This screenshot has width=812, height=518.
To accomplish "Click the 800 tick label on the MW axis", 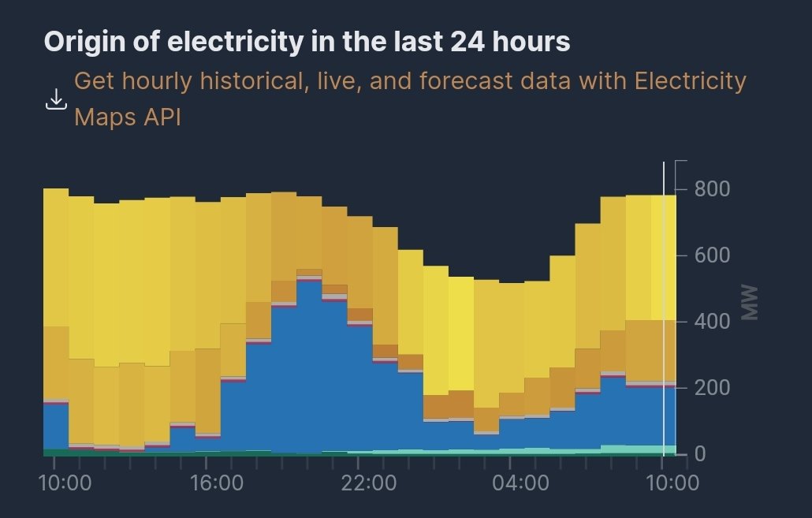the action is tap(712, 188).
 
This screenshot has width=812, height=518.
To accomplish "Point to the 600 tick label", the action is tap(712, 255).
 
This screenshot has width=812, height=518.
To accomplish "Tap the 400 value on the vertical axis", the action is tap(712, 321).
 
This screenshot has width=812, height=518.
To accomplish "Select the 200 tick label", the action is tap(712, 387).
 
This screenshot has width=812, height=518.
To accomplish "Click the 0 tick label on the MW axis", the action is tap(700, 454).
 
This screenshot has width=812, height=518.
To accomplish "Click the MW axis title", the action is tap(750, 303).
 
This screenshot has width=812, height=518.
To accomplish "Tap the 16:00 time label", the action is tap(217, 483).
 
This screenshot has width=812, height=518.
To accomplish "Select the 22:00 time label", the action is tap(369, 483).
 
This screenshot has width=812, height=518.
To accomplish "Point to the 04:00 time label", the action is tap(520, 483).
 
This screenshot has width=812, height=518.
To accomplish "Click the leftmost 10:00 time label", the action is tap(65, 483).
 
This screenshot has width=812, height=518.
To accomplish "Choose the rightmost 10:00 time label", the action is tap(672, 483).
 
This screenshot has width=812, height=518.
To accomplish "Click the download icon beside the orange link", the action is tap(56, 99).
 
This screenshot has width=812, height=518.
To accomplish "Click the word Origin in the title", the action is tap(84, 42).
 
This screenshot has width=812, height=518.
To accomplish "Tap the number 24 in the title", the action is tap(467, 42).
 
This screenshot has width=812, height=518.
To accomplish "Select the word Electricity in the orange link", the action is tap(691, 81).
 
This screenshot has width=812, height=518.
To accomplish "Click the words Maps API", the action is tap(128, 117).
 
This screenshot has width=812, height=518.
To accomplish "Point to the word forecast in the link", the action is tap(466, 80).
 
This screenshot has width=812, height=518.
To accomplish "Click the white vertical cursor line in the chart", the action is tap(663, 309).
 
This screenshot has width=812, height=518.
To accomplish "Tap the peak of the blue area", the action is tap(309, 280).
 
